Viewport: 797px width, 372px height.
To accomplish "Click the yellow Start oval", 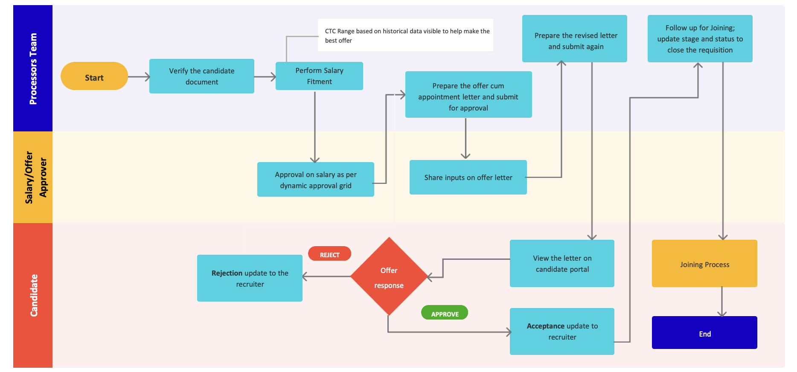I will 94,76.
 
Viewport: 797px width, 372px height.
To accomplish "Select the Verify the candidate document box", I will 201,76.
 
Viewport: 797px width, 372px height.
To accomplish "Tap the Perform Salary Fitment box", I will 319,76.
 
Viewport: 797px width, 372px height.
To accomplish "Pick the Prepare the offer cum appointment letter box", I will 468,95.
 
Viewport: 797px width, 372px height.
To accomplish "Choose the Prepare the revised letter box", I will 574,39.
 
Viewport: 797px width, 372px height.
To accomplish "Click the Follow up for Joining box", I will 700,39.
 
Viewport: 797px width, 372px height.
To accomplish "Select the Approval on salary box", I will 315,180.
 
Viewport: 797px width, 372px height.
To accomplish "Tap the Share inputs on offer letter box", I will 468,177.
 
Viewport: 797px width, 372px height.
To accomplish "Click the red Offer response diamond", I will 389,277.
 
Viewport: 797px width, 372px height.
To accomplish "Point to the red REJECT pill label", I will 329,254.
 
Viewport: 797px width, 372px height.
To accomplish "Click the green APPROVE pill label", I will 445,313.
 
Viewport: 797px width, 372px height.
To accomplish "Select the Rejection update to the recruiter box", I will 250,278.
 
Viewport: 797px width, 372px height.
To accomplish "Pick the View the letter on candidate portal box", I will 562,264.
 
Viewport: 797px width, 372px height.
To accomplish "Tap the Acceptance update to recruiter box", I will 562,331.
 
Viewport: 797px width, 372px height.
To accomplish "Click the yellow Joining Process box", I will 704,264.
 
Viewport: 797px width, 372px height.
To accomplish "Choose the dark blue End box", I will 704,333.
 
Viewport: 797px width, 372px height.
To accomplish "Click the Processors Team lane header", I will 33,68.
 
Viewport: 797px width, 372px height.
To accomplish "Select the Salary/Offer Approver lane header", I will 33,177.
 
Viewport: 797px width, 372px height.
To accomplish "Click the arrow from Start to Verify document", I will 139,77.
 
